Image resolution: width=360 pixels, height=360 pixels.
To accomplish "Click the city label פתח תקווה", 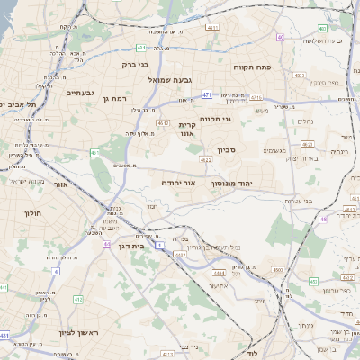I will (x=253, y=67).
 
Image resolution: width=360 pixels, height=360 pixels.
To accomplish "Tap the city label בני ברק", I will (x=139, y=65).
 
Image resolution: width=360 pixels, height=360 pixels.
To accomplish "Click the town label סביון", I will (x=226, y=150).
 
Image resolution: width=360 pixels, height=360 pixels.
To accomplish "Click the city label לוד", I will (x=253, y=354).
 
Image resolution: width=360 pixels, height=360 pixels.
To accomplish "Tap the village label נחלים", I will (x=305, y=121).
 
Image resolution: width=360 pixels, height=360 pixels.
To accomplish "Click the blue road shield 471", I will (x=207, y=94).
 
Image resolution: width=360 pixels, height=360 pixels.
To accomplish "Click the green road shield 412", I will (x=78, y=299).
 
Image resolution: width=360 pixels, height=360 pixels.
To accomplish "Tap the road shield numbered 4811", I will (x=214, y=28).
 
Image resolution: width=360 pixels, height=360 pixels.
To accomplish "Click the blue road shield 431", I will (x=4, y=335).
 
